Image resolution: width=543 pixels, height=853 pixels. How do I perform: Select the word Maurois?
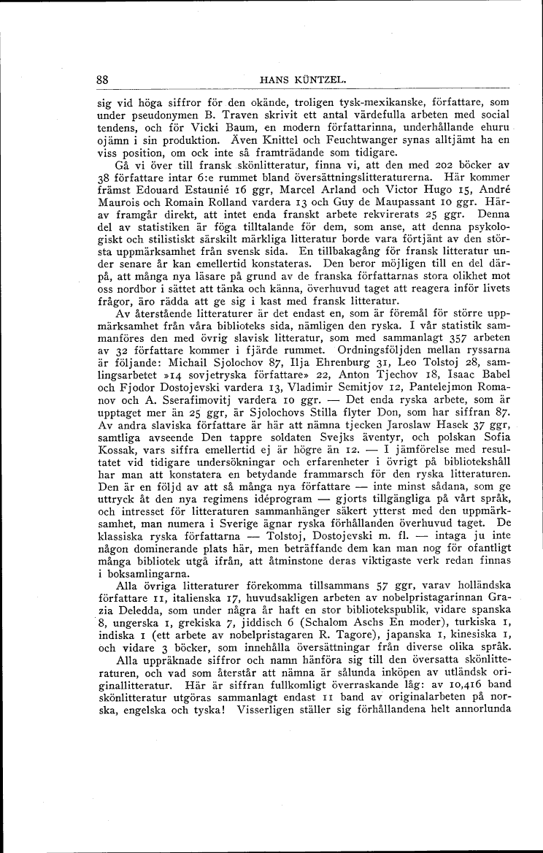pyautogui.click(x=115, y=204)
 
